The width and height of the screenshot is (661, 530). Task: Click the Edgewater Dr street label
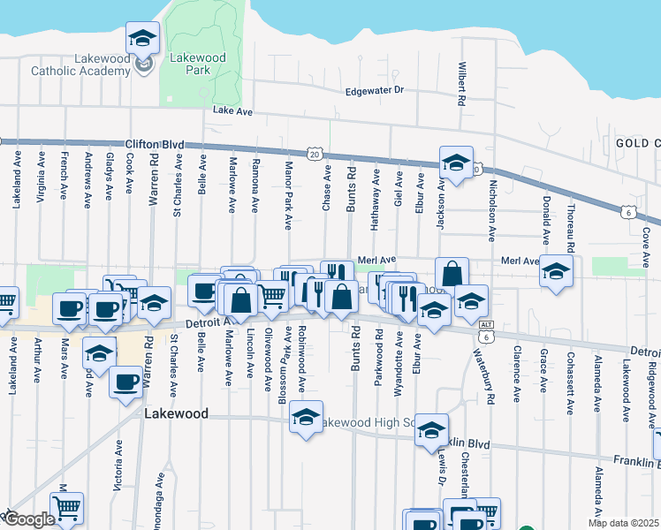click(x=374, y=90)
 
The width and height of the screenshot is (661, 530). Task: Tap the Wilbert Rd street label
click(x=461, y=84)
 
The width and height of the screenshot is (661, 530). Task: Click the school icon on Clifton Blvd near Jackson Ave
click(x=456, y=163)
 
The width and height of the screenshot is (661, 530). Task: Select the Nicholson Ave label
click(x=492, y=207)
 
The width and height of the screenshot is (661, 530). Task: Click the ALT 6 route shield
click(x=485, y=332)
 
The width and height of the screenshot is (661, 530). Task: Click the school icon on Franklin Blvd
click(x=431, y=430)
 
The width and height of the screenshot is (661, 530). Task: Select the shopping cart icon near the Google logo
click(x=65, y=508)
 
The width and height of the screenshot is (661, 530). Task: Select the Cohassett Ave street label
click(x=572, y=379)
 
